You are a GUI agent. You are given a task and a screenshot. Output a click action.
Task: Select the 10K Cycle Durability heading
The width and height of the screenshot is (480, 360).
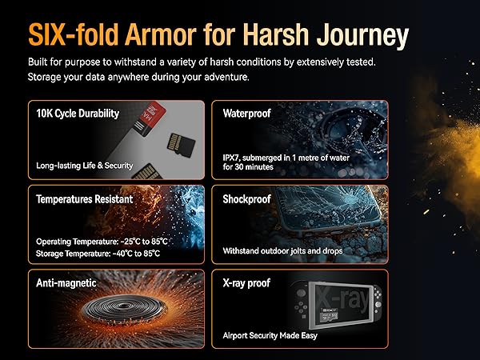pos(78,114)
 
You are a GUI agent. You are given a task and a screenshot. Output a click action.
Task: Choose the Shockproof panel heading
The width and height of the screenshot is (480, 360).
pos(249,198)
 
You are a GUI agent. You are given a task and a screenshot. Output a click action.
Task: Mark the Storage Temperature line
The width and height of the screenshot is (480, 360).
pos(98,254)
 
